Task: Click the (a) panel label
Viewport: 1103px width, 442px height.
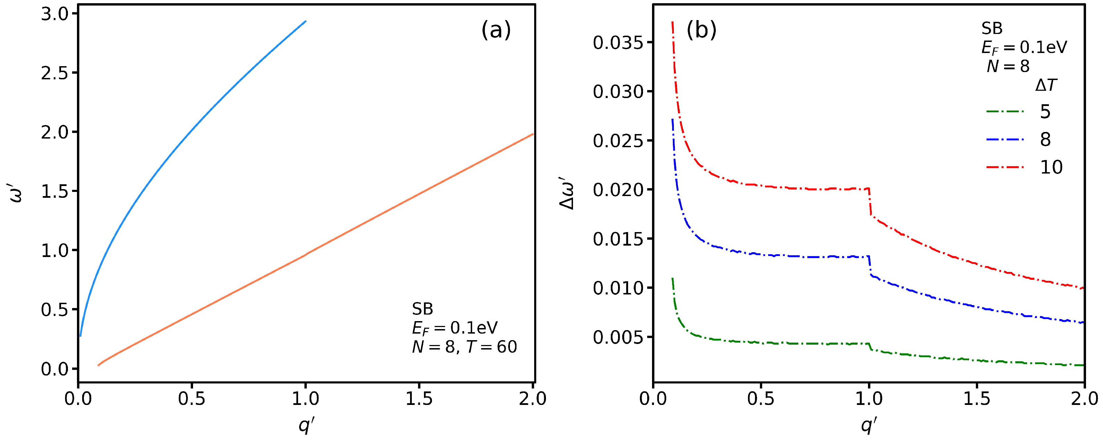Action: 496,31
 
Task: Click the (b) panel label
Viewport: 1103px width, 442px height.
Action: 701,31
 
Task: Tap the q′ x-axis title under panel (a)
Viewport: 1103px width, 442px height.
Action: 306,426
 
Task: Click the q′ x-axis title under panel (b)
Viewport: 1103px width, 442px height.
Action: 869,426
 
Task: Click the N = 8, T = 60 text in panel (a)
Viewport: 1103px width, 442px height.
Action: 464,347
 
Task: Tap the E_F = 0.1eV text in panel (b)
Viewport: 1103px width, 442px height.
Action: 1024,47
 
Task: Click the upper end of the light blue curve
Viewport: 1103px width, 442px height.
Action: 305,21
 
